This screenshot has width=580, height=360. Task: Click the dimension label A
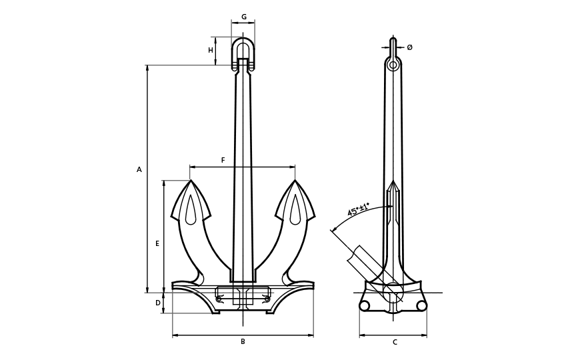tap(139, 170)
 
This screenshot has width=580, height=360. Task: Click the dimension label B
tap(243, 342)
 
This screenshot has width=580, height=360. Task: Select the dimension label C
tap(395, 343)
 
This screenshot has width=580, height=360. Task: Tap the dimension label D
tap(158, 303)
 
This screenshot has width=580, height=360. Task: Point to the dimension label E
tap(157, 244)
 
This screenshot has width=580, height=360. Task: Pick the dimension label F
tap(223, 161)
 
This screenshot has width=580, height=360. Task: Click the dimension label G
tap(243, 17)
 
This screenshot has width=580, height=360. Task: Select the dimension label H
tap(211, 51)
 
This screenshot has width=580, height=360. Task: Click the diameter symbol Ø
tap(409, 47)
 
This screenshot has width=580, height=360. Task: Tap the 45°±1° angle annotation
tap(358, 210)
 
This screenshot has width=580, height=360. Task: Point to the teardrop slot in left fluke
tap(191, 211)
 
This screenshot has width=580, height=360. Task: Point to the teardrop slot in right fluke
tap(295, 211)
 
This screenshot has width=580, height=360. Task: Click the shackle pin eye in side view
tap(393, 65)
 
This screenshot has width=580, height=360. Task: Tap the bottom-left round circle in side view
tap(365, 306)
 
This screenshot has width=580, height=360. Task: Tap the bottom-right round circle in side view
tap(421, 306)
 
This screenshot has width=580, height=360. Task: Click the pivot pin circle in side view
tap(393, 293)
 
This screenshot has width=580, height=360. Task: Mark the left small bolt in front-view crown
tap(219, 299)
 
